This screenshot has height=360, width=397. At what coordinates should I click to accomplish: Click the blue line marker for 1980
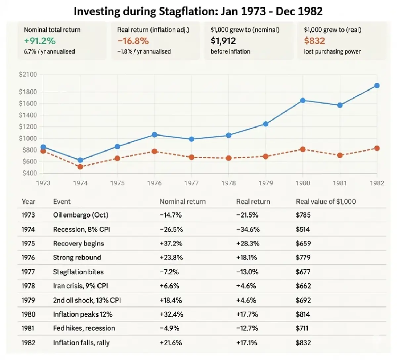[302, 100]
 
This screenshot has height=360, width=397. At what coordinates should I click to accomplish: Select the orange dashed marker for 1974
[80, 167]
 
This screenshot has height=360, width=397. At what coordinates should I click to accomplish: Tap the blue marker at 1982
[376, 86]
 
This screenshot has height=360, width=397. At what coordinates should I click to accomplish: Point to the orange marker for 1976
[154, 151]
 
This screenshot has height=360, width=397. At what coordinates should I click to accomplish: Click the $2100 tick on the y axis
[28, 74]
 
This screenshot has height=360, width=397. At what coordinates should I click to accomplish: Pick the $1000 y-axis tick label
[28, 138]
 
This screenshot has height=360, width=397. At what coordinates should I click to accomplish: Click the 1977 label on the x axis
[191, 183]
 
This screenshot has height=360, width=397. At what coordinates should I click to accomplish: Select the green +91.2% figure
[40, 41]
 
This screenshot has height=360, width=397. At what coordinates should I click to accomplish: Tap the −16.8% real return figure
[133, 41]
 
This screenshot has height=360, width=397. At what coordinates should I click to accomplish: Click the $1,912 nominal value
[223, 41]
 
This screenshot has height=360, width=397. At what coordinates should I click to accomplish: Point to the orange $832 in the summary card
[314, 41]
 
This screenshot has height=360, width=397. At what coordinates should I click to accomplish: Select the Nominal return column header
[182, 202]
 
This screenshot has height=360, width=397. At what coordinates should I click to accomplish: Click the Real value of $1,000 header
[326, 202]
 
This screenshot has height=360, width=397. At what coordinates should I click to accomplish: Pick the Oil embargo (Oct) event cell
[80, 215]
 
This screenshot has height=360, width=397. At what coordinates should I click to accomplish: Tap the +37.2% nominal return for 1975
[171, 244]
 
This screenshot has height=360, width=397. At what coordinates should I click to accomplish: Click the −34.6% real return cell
[248, 229]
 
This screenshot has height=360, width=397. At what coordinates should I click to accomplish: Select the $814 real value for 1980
[303, 314]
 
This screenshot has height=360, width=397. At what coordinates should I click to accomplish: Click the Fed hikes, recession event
[84, 328]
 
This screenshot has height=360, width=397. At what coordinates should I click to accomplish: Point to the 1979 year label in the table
[28, 300]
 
